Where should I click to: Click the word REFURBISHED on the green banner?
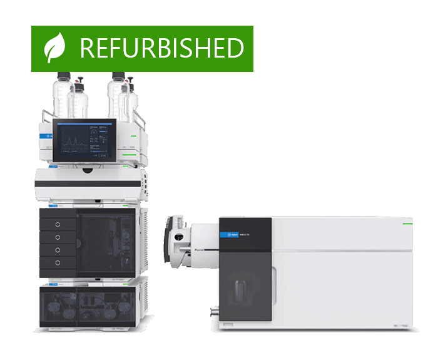(161, 48)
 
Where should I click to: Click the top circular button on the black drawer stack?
(58, 224)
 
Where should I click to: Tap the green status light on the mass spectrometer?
(407, 222)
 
